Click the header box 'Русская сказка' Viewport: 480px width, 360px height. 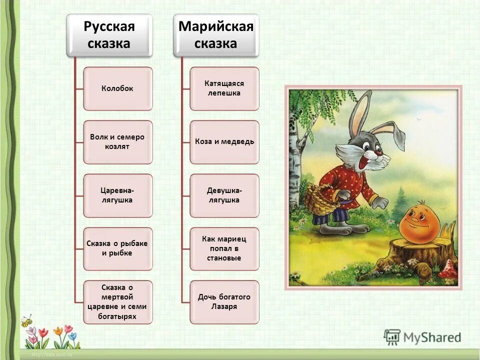109,34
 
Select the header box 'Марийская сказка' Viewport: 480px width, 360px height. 216,34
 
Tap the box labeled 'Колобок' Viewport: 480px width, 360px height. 117,88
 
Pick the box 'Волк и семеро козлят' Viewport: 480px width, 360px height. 117,142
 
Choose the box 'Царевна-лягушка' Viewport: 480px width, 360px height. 117,195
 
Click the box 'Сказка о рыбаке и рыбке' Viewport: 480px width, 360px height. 117,248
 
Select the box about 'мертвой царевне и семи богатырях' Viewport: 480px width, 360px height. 117,302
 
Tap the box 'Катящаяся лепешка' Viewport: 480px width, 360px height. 224,88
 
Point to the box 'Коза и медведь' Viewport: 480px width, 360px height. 224,142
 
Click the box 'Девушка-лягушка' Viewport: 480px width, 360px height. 224,195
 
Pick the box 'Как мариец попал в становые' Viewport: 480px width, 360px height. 224,248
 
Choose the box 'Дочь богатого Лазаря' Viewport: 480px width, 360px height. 224,302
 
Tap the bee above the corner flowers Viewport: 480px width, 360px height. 26,320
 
